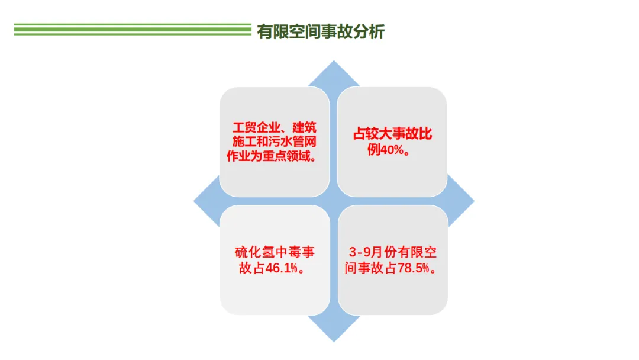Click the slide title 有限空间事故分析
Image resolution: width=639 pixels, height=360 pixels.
pyautogui.click(x=321, y=31)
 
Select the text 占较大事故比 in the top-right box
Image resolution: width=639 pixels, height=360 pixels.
pyautogui.click(x=393, y=134)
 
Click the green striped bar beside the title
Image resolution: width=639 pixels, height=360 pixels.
pyautogui.click(x=133, y=30)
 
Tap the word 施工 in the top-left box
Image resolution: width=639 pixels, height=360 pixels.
pyautogui.click(x=241, y=142)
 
